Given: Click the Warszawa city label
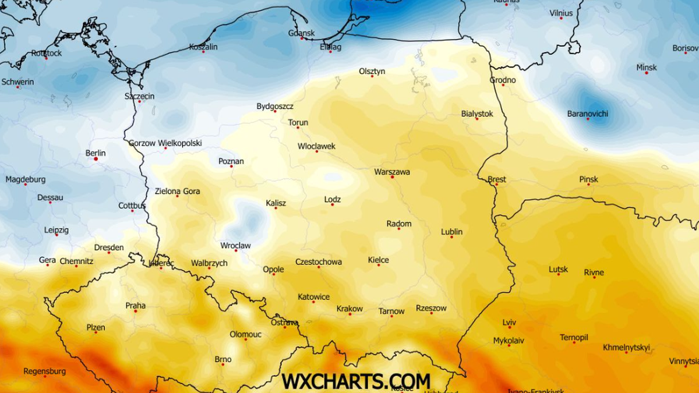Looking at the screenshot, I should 392,172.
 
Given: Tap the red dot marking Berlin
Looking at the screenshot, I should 96,158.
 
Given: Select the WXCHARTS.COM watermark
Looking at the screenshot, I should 356,381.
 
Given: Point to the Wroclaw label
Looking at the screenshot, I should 235,246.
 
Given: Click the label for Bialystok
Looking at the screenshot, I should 477,114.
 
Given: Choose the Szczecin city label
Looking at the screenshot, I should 140,96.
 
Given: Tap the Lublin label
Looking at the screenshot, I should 452,232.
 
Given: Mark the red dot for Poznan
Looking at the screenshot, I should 231,167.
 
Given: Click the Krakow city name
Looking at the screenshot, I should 349,309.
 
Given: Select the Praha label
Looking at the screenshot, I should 136,306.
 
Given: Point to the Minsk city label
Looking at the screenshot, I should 647,68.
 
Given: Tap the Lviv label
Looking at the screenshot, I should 509,323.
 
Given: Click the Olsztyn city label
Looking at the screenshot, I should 372,71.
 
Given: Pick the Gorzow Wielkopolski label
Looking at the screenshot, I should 165,143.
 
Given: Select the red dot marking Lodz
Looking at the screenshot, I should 333,205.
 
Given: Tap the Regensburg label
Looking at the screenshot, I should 45,371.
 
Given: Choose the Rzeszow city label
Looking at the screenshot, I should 431,308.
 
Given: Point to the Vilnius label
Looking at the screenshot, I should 562,13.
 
